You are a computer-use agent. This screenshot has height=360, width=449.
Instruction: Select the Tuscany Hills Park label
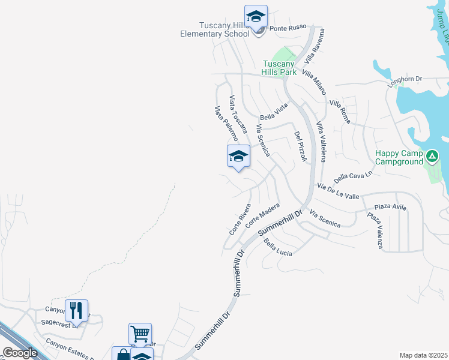point(279,68)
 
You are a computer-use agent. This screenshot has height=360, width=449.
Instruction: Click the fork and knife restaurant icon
point(76,310)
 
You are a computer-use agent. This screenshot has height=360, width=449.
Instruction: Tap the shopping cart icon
point(140,333)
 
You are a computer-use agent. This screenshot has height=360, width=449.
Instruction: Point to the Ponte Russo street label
point(288,28)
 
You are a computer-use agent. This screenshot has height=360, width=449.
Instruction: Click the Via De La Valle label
point(339,191)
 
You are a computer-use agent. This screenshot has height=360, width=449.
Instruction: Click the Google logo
point(20,353)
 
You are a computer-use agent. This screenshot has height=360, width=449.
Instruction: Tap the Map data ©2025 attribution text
point(423,355)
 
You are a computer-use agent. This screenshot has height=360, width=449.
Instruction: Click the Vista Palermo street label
point(226,124)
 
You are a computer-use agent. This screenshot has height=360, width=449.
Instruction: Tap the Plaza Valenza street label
point(376,230)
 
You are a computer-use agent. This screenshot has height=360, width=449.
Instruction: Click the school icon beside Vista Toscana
point(238,157)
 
